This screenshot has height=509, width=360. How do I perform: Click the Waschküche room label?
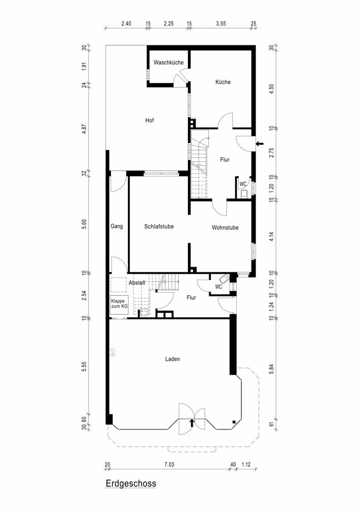[x=169, y=62]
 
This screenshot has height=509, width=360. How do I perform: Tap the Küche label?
[x=223, y=82]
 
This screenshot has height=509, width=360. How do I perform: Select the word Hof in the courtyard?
[x=149, y=121]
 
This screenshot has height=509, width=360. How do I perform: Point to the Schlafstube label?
[x=159, y=227]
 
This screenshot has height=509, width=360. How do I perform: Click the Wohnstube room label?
[x=225, y=228]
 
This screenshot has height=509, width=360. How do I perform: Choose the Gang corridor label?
[x=117, y=227]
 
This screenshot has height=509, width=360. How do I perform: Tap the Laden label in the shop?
[x=173, y=359]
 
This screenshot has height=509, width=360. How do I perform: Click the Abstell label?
[x=136, y=282]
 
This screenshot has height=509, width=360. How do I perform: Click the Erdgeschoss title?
[x=131, y=484]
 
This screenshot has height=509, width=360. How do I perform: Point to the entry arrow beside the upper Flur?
[x=260, y=144]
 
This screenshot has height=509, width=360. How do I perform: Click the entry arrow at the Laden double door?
[x=192, y=422]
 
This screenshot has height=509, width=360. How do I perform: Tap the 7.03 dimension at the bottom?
[x=169, y=465]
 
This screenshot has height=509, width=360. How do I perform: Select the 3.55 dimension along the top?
[x=221, y=23]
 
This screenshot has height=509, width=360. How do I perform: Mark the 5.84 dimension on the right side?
[x=272, y=369]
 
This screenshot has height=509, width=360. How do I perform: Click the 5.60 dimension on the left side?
[x=84, y=224]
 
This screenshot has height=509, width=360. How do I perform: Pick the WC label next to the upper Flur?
[x=243, y=184]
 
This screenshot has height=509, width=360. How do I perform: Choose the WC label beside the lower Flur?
[x=218, y=287]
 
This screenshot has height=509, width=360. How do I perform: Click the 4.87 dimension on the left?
[x=84, y=129]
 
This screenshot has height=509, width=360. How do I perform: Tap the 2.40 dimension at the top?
[x=126, y=23]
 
